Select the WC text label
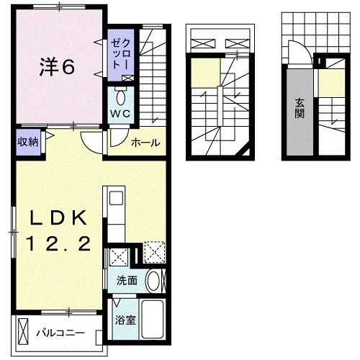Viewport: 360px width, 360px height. pos(118,113)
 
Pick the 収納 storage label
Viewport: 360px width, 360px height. pos(27,140)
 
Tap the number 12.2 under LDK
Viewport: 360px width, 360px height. pos(60,245)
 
